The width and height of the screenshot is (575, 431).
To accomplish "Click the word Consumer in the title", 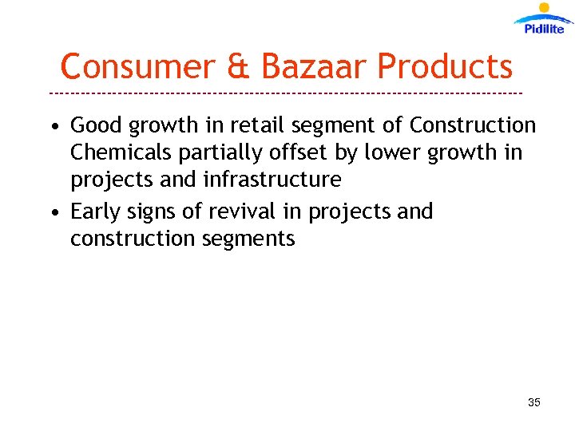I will [138, 66].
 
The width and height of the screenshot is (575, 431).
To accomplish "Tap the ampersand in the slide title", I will [238, 66].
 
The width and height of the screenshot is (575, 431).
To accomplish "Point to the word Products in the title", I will [445, 66].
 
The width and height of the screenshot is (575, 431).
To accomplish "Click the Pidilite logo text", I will [545, 29].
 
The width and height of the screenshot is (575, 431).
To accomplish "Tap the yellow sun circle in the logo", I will [545, 8].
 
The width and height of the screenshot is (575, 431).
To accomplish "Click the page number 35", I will [534, 402].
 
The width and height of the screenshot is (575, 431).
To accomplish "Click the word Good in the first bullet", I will [97, 125].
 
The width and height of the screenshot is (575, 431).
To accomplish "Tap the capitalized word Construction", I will [473, 125].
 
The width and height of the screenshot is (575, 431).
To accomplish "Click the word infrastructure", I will [272, 180].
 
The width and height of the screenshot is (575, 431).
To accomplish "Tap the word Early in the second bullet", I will [97, 212].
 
